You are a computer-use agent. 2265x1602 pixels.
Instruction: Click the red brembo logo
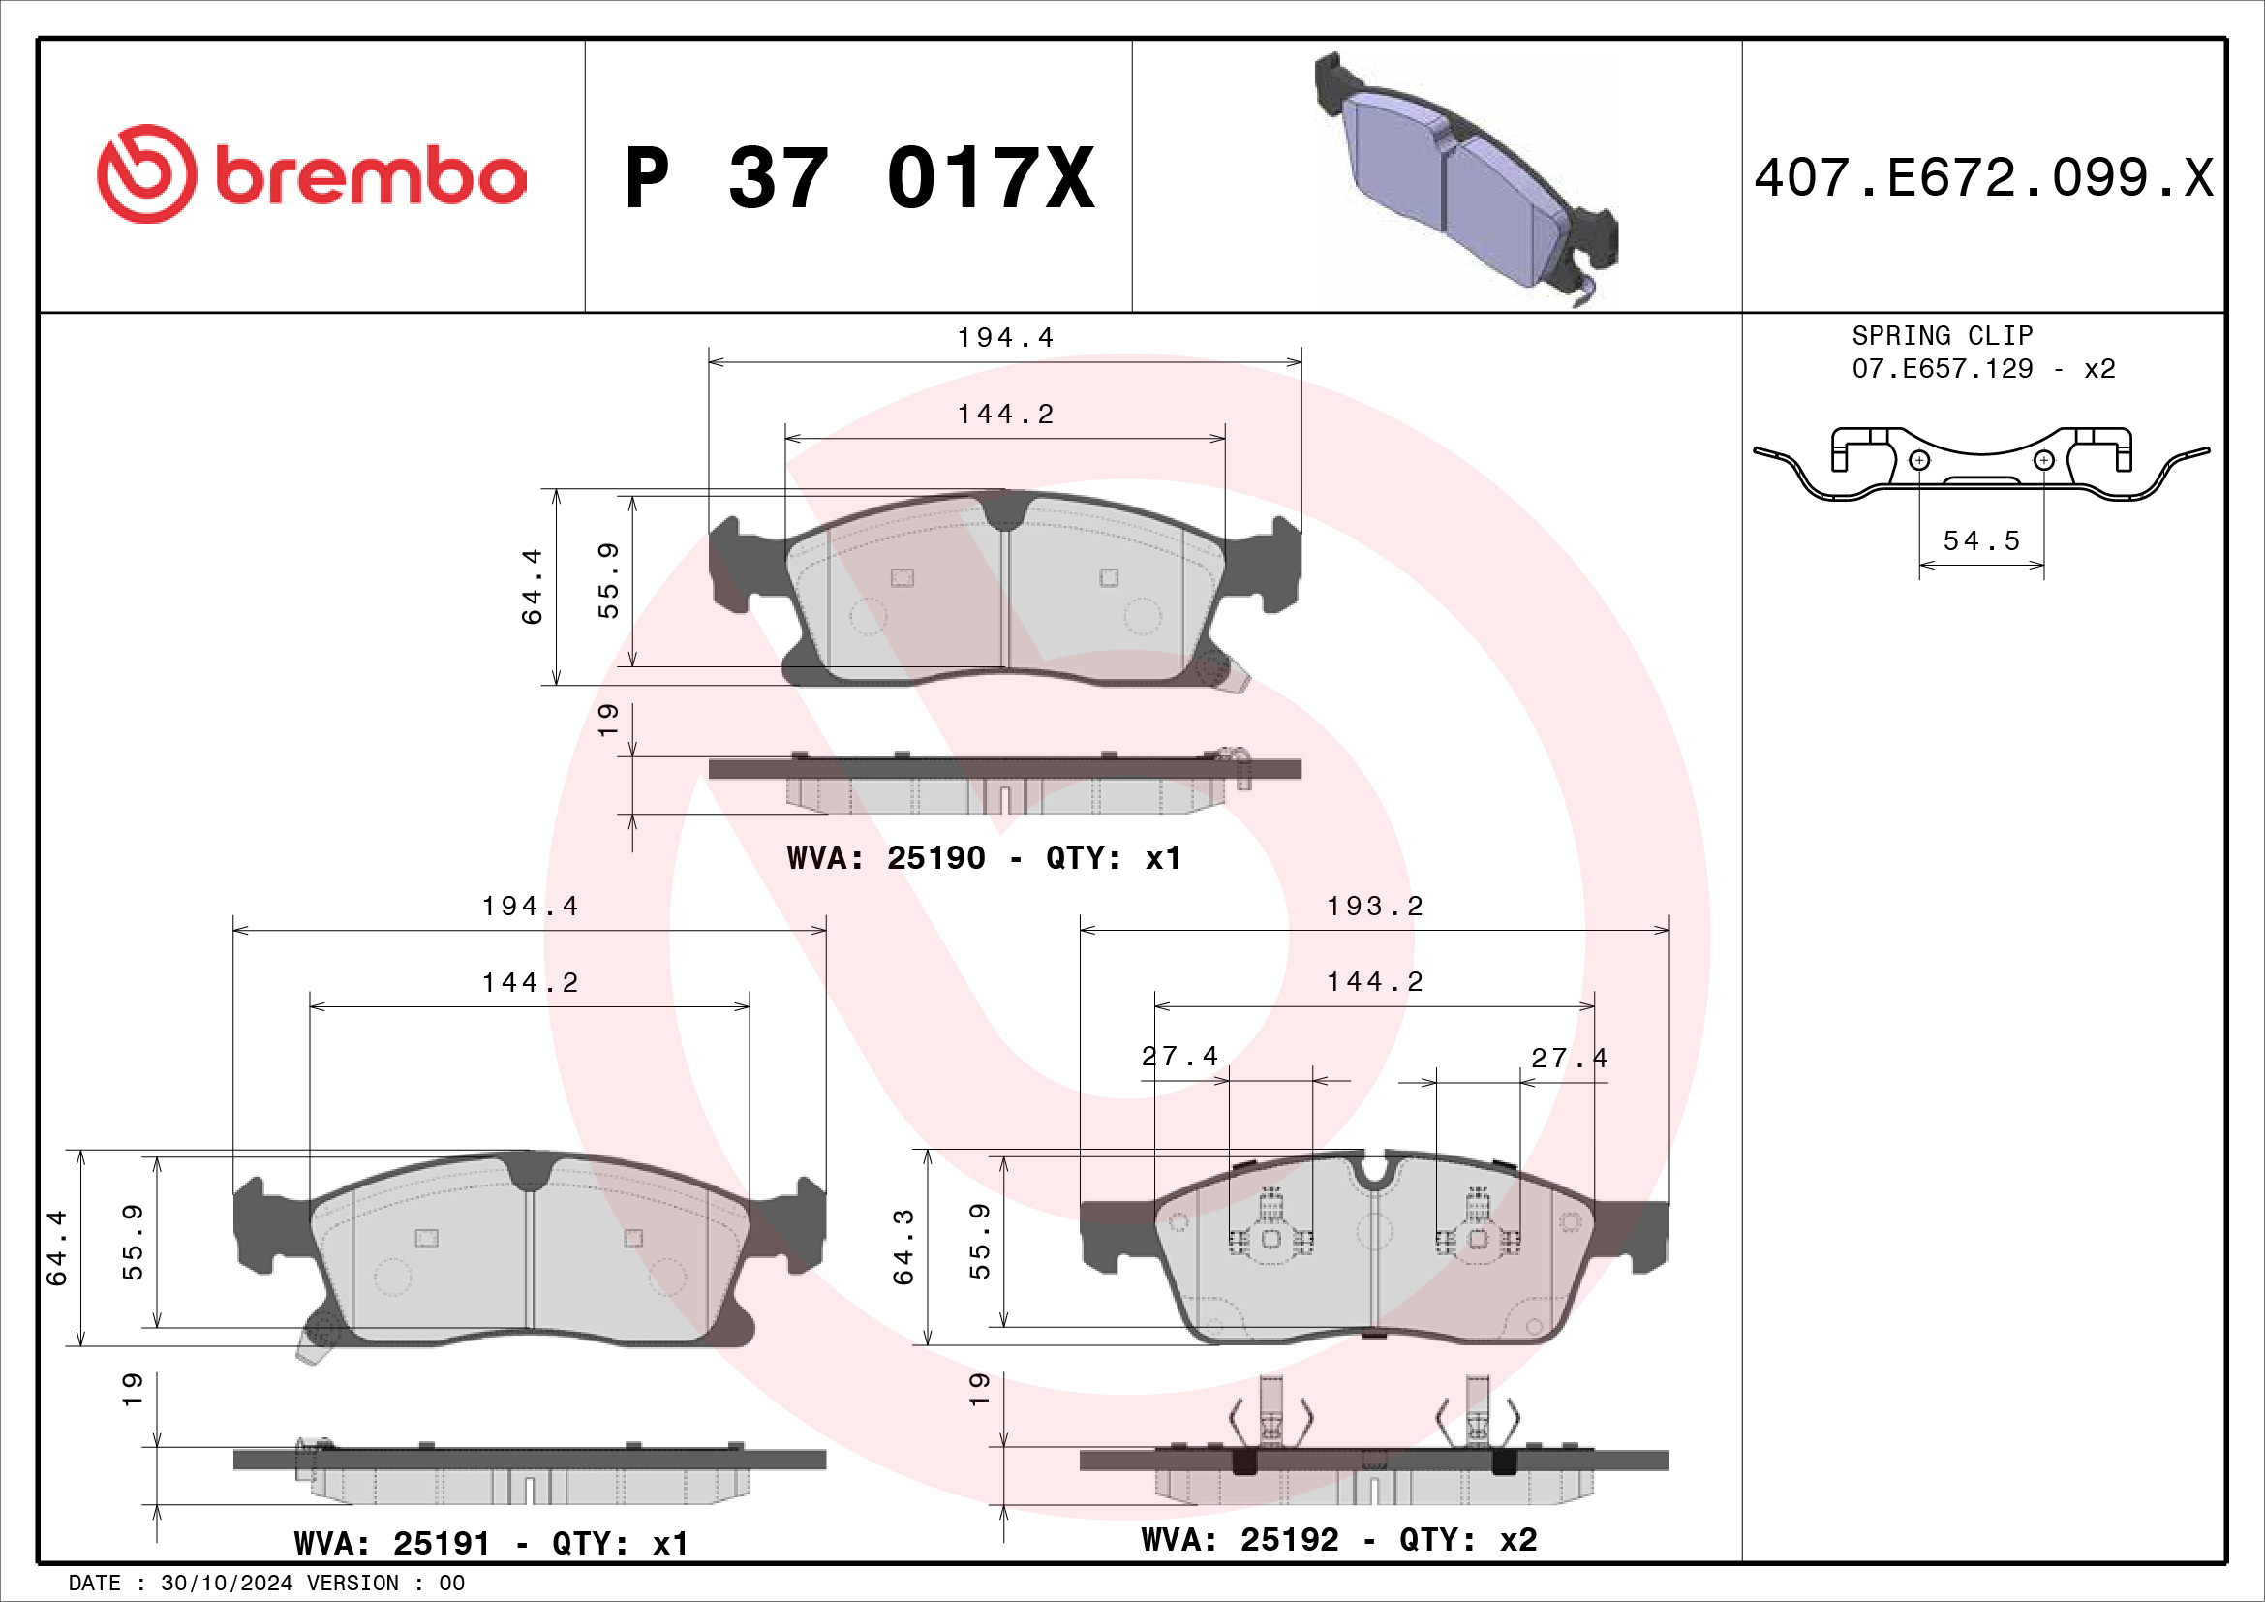click(x=312, y=174)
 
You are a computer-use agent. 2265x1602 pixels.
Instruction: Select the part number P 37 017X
click(x=860, y=178)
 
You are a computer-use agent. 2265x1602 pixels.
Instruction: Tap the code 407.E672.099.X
click(x=1984, y=178)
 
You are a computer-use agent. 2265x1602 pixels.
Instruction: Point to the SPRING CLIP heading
click(x=1943, y=335)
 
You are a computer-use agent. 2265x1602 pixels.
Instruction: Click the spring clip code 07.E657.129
click(x=1943, y=369)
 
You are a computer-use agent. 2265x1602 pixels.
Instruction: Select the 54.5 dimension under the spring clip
click(x=1981, y=540)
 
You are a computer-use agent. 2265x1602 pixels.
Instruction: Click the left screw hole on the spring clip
click(x=1918, y=460)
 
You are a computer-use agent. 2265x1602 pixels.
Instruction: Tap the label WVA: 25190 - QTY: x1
click(x=984, y=858)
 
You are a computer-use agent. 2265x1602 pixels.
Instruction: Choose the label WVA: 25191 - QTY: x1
click(x=490, y=1544)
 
